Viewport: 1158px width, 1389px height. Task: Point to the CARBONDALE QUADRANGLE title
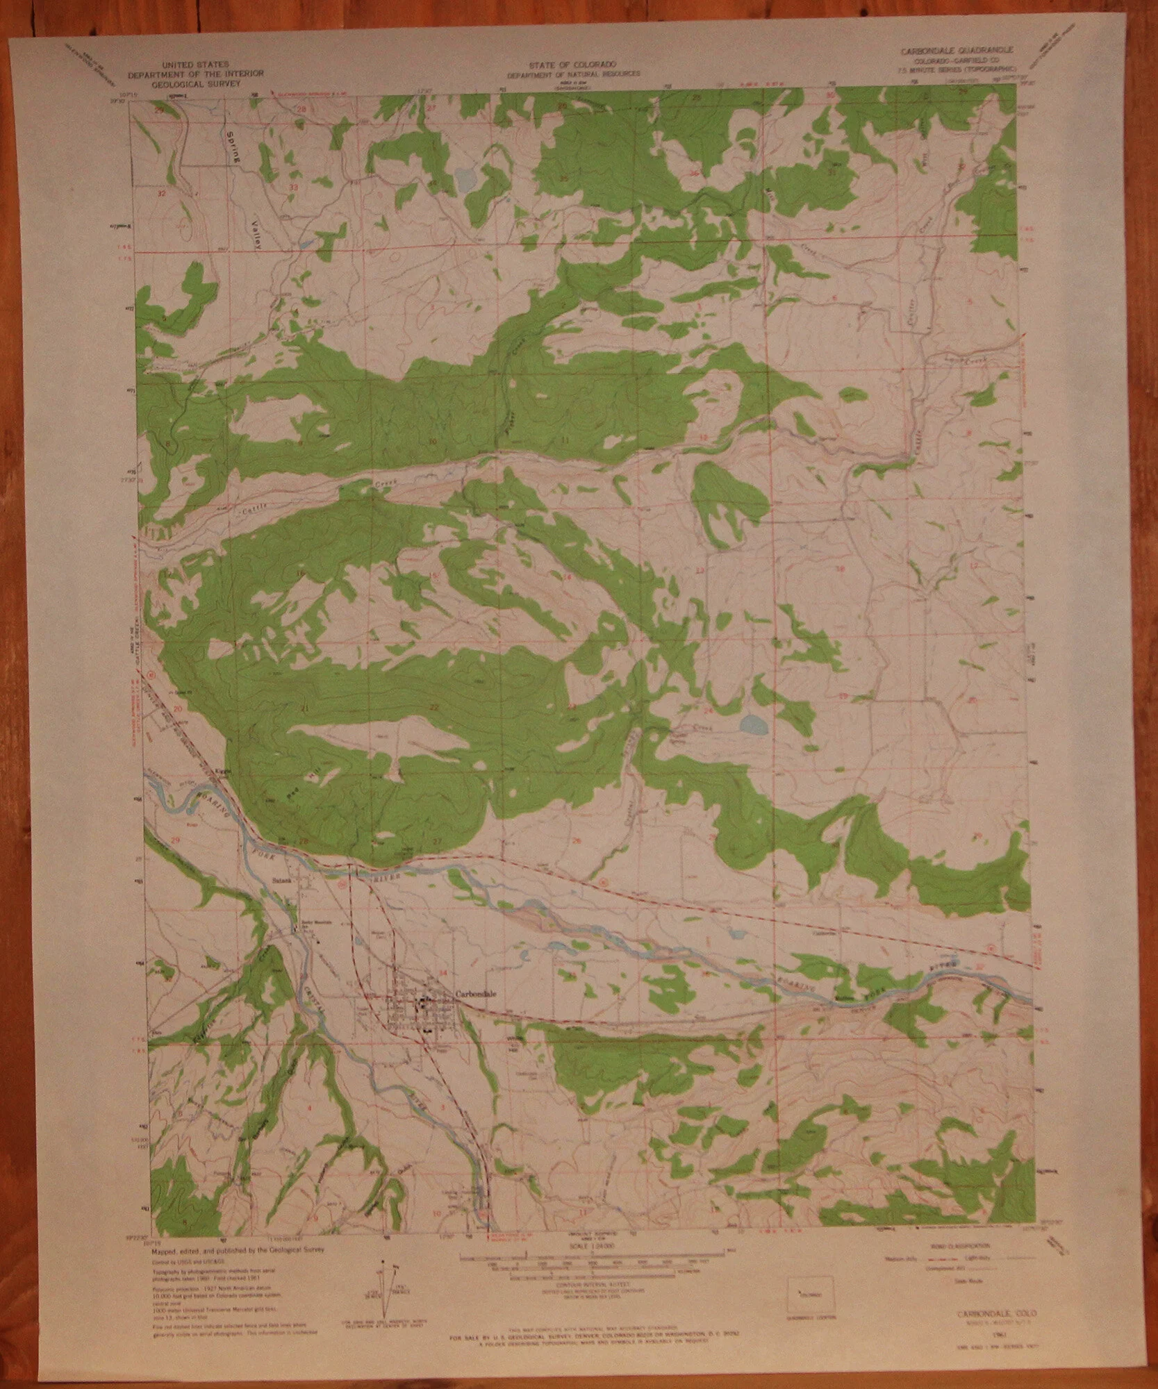[x=957, y=51]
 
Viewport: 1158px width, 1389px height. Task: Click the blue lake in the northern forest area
[x=464, y=178]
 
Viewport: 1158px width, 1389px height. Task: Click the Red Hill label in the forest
[x=292, y=795]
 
